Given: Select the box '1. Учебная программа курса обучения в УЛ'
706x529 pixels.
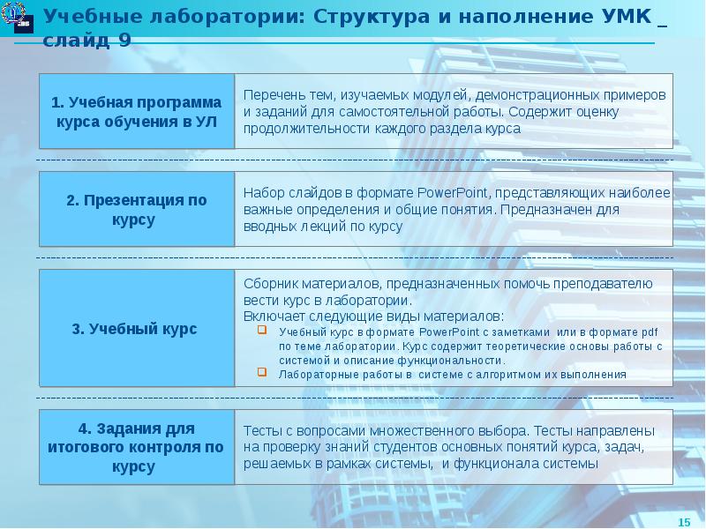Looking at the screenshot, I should (136, 112).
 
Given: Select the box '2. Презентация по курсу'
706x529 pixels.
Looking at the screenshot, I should (136, 210).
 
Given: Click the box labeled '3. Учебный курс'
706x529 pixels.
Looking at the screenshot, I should (136, 329).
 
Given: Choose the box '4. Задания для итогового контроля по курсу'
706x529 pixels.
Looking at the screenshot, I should (136, 448).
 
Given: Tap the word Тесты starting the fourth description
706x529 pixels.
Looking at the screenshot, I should (263, 431).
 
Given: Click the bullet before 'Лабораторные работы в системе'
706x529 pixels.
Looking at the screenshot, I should (262, 373).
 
